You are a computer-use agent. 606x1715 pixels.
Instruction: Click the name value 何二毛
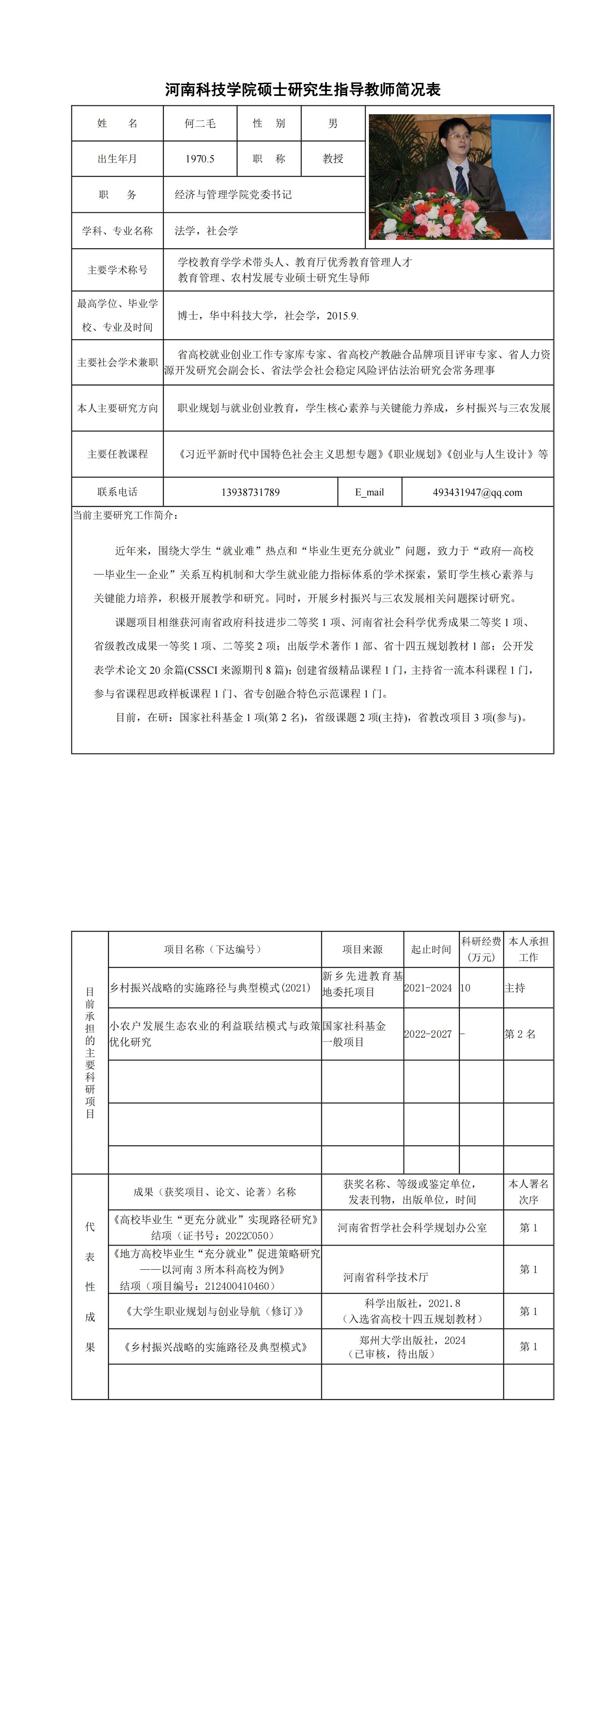click(x=200, y=123)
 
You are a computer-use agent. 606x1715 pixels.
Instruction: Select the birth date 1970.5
click(x=200, y=159)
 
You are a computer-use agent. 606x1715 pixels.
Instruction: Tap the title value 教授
click(x=333, y=159)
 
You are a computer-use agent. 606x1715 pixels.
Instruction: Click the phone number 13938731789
click(x=250, y=492)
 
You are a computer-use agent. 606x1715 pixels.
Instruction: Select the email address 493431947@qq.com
click(x=477, y=492)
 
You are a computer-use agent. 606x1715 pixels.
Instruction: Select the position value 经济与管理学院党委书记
click(x=233, y=194)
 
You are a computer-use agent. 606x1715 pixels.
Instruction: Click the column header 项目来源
click(x=362, y=949)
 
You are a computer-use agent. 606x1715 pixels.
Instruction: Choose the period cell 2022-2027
click(x=428, y=1034)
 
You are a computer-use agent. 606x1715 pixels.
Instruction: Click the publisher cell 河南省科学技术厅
click(x=386, y=1277)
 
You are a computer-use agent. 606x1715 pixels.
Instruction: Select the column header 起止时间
click(x=431, y=949)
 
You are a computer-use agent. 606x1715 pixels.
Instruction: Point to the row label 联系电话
click(x=117, y=492)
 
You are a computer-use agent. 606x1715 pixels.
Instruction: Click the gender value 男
click(x=333, y=123)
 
